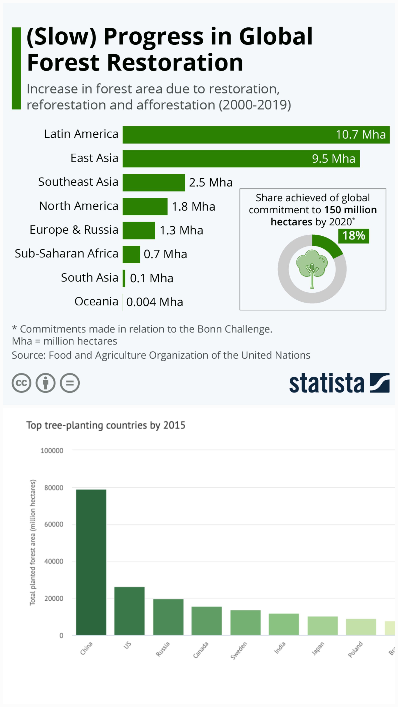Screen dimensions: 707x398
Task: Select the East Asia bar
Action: [x=241, y=159]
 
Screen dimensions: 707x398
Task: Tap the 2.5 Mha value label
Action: [x=211, y=182]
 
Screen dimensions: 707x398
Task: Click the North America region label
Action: [x=78, y=206]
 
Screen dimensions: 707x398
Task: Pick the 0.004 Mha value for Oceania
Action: [x=155, y=302]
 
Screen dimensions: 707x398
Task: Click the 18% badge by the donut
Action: [x=354, y=236]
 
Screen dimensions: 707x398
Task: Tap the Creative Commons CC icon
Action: [x=21, y=383]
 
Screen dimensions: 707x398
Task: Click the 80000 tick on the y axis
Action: [x=54, y=488]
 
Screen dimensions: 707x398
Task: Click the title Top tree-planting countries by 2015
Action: [x=106, y=425]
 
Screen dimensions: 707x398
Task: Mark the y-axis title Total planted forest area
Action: [x=33, y=543]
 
